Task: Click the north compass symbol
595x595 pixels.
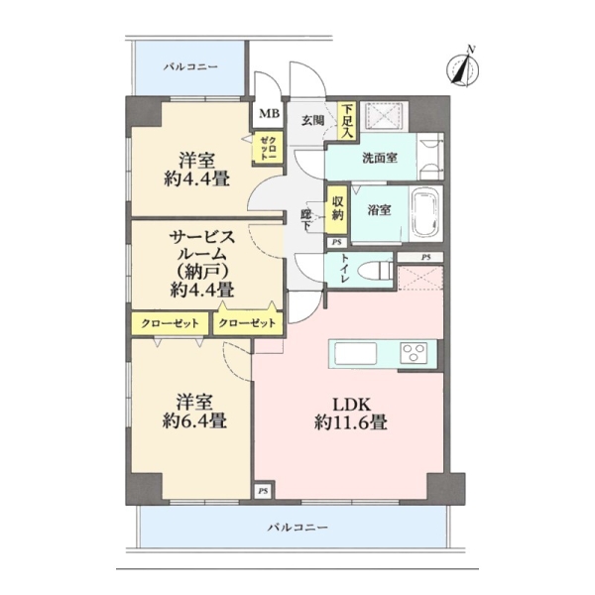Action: coord(462,68)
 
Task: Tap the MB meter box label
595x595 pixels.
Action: coord(270,113)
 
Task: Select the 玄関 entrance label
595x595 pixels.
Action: coord(313,120)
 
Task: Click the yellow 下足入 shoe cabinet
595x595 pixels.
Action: coord(347,121)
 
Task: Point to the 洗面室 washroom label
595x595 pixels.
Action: coord(380,158)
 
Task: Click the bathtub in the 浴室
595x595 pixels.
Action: coord(426,213)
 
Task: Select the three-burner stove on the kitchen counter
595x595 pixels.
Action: coord(414,353)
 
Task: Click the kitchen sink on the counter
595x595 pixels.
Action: coord(355,353)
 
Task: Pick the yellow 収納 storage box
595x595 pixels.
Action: coord(336,209)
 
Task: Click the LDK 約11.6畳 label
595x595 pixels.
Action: coord(351,414)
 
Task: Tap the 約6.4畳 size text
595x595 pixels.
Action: coord(194,420)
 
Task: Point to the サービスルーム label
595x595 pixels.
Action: coord(201,247)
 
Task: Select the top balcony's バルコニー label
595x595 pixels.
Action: coord(190,66)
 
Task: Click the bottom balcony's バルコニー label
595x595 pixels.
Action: coord(297,528)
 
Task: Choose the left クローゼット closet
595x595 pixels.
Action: coord(170,323)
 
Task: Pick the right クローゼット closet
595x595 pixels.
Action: coord(248,323)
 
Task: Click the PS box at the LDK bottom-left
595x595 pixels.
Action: coord(263,491)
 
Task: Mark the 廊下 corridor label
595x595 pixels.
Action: coord(305,219)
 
